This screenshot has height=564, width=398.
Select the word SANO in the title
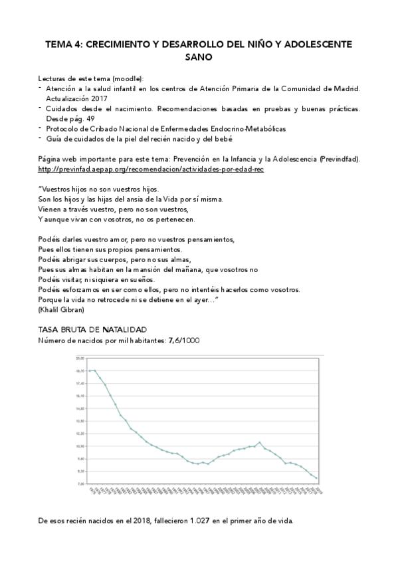pos(199,58)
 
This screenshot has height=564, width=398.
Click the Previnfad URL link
pos(151,170)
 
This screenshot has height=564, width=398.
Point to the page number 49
pos(91,118)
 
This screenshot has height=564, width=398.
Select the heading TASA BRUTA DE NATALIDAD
pos(92,330)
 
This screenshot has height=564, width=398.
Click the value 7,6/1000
pos(183,341)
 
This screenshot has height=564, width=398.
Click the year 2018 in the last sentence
pos(114,521)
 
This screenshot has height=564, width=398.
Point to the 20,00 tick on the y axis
pos(80,358)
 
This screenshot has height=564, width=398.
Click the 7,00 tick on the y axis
pos(80,484)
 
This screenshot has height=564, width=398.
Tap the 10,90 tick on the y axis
pos(80,446)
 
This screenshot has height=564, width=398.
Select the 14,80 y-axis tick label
pos(80,408)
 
